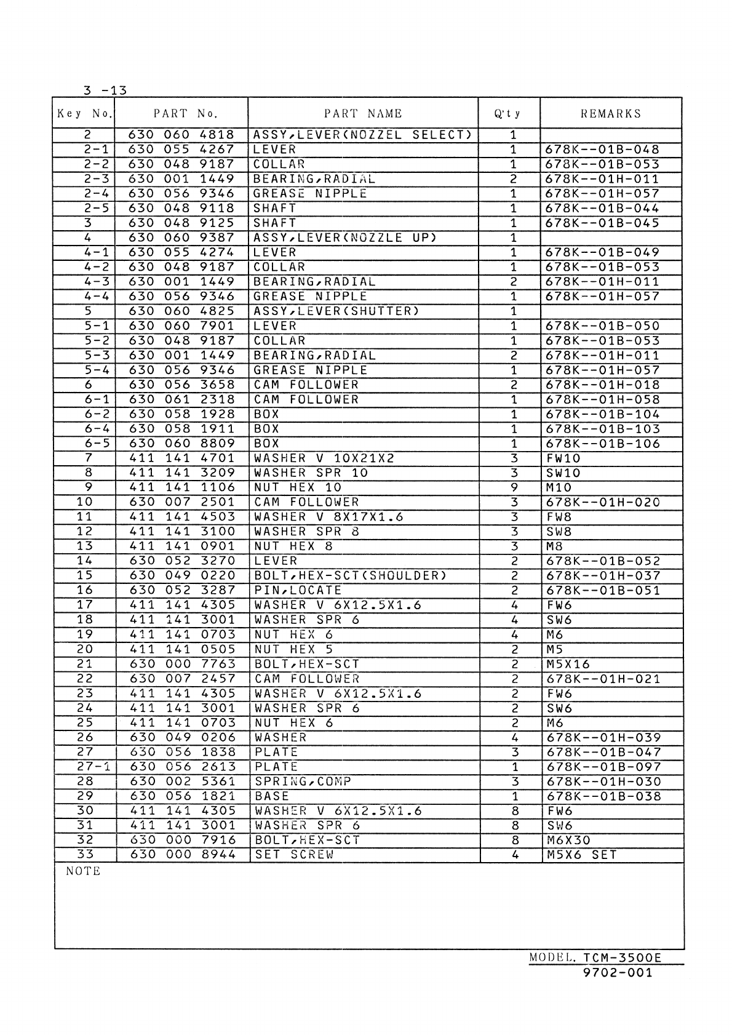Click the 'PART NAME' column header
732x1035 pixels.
coord(363,113)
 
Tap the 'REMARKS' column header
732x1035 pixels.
coord(611,113)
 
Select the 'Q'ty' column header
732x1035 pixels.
coord(508,113)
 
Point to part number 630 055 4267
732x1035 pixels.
coord(181,150)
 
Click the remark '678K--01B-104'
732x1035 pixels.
coord(602,414)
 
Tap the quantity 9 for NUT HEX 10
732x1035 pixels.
coord(514,488)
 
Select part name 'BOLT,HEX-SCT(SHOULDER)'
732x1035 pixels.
coord(350,576)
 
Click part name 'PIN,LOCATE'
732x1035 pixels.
coord(298,591)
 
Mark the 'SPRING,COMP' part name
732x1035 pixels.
coord(303,781)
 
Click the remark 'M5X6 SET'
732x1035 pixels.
coord(581,855)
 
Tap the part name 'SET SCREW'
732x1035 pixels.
coord(294,855)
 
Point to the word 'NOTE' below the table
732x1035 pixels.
coord(82,871)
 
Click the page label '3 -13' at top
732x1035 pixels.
coord(105,90)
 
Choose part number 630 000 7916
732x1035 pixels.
coord(183,840)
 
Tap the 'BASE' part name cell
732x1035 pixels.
coord(271,796)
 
